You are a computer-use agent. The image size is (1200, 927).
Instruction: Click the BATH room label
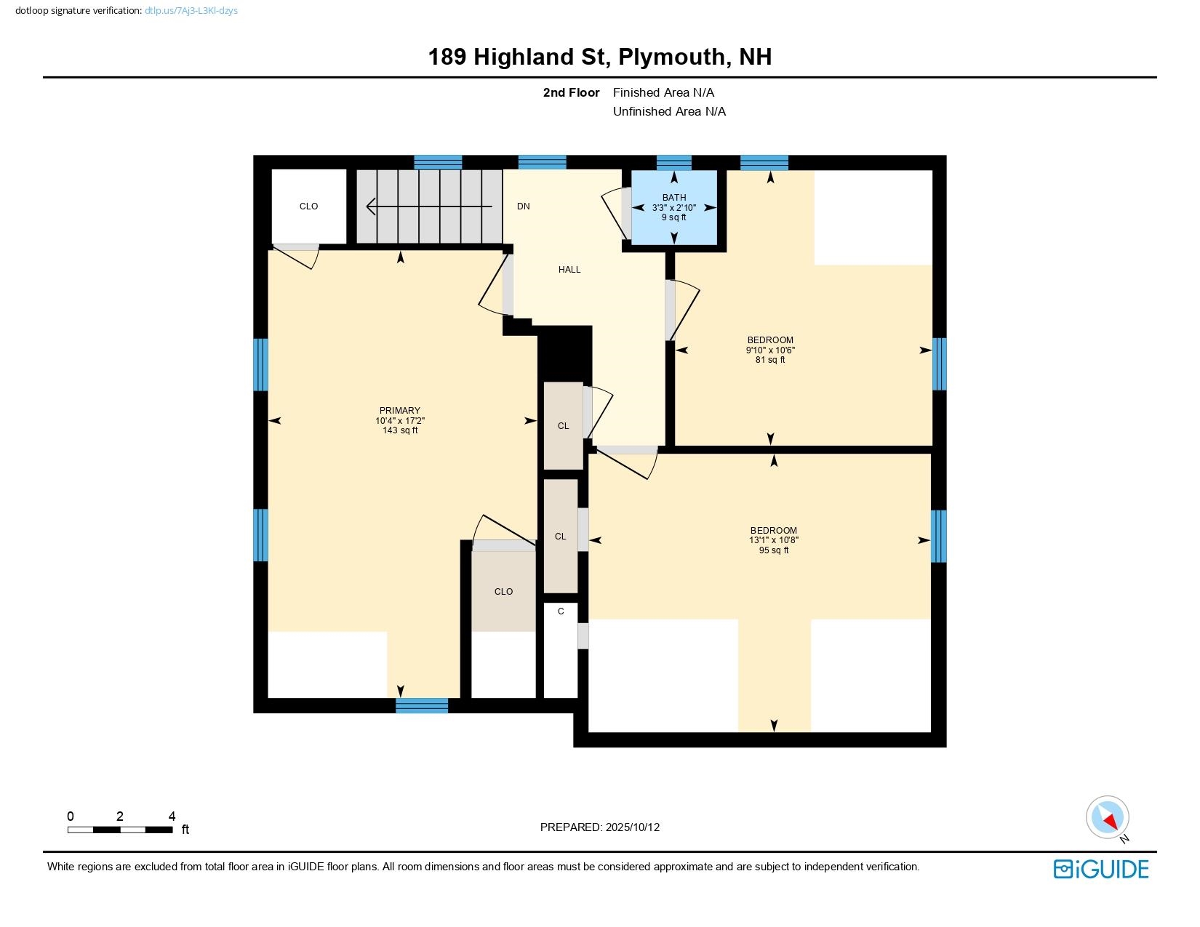[x=673, y=198]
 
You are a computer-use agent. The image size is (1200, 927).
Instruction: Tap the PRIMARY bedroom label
[x=399, y=411]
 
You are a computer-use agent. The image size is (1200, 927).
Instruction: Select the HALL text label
[x=569, y=270]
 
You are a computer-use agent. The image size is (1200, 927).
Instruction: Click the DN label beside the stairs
[x=523, y=206]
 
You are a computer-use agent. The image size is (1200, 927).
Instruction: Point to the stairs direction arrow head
[x=371, y=207]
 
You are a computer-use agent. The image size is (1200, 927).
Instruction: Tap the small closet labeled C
[x=561, y=612]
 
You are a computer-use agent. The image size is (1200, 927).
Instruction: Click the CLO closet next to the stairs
[x=308, y=206]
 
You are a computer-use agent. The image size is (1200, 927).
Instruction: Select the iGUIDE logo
[x=1101, y=869]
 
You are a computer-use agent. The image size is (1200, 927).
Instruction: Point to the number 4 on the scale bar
[x=172, y=816]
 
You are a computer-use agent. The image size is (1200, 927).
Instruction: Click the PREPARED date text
[x=600, y=827]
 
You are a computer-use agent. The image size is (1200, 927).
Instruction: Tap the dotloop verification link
[x=191, y=11]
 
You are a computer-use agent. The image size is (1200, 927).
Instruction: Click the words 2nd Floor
[x=571, y=92]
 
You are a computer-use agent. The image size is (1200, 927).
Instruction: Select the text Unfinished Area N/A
[x=669, y=111]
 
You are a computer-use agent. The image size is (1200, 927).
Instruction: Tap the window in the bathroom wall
[x=673, y=162]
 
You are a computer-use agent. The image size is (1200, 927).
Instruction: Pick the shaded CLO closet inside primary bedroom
[x=503, y=591]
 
